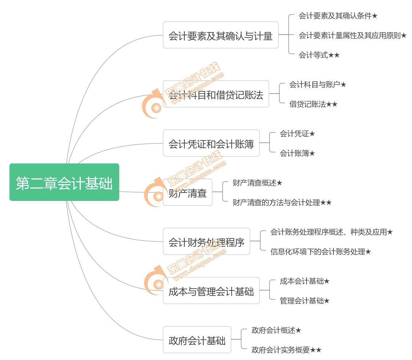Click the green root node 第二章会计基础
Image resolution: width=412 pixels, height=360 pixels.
click(x=64, y=182)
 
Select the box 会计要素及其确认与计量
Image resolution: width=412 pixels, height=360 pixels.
click(x=221, y=35)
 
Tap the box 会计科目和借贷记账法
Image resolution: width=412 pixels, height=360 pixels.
click(x=216, y=94)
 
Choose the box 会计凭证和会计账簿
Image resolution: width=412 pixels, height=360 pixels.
click(x=211, y=143)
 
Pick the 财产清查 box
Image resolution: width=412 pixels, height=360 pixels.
click(x=188, y=192)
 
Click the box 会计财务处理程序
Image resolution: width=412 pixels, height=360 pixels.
click(x=207, y=241)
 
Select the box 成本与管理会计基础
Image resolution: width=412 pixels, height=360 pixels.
click(x=211, y=290)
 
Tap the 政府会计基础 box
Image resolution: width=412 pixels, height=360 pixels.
click(x=197, y=340)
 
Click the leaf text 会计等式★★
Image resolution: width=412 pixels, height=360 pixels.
click(x=319, y=55)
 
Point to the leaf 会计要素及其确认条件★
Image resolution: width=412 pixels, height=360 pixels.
click(x=338, y=16)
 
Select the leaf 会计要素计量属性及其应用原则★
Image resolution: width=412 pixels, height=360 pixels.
click(x=353, y=35)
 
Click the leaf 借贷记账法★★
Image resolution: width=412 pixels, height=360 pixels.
click(x=313, y=104)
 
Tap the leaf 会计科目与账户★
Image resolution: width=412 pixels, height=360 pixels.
click(x=318, y=84)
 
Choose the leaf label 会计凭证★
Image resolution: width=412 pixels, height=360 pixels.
click(x=297, y=134)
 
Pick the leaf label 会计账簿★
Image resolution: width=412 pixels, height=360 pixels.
click(x=297, y=153)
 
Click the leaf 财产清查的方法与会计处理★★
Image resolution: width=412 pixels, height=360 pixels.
click(x=282, y=202)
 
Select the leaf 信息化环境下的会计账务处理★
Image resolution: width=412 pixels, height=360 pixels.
click(x=321, y=252)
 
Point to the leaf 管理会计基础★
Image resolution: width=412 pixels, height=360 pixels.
click(x=304, y=301)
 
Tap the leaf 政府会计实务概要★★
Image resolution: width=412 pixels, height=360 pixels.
click(x=287, y=350)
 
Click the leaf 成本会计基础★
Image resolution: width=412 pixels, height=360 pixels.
click(x=304, y=281)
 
